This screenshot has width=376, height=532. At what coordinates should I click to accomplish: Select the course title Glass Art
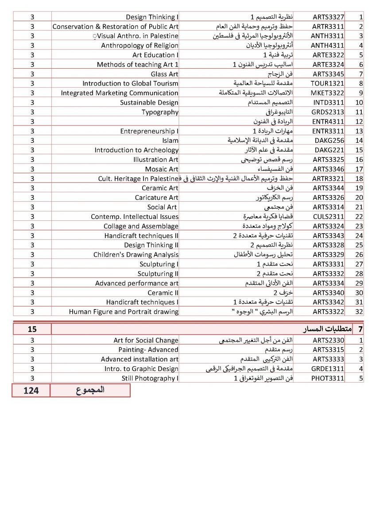[x=164, y=74]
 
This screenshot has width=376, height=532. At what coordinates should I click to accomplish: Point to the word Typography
[x=160, y=112]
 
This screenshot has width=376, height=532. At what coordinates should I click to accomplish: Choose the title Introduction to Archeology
[x=136, y=150]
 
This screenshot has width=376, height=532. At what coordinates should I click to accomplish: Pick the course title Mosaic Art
[x=162, y=169]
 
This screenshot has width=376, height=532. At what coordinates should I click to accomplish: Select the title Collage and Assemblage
[x=141, y=226]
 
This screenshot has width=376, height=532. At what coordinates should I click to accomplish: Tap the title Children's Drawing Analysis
[x=136, y=254]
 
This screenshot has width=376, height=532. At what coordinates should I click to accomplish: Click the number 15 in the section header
[x=32, y=329]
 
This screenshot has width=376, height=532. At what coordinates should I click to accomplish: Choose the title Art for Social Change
[x=146, y=340]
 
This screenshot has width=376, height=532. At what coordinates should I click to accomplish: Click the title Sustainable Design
[x=149, y=102]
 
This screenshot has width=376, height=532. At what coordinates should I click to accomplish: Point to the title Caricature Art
[x=157, y=198]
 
